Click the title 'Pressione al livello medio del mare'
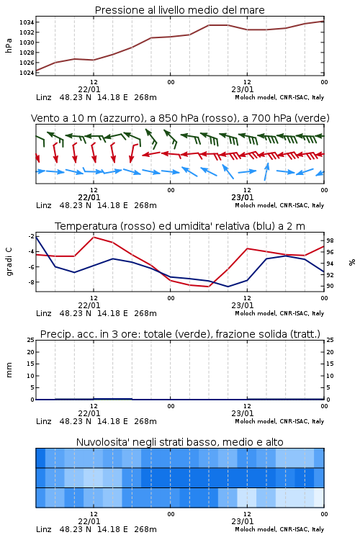click(179, 10)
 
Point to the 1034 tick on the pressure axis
click(27, 22)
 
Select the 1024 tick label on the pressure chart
click(27, 73)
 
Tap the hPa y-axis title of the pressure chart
click(9, 45)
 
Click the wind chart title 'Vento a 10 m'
click(60, 118)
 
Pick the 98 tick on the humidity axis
click(330, 240)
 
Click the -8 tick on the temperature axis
click(31, 282)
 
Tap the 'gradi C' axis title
click(9, 262)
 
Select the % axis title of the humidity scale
click(352, 262)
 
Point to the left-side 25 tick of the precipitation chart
click(31, 340)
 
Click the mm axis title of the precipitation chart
click(9, 370)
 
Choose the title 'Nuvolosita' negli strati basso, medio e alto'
click(179, 442)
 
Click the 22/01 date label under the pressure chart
click(89, 89)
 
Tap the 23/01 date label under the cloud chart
click(242, 521)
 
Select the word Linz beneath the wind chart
click(44, 205)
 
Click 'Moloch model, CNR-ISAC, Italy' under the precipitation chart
click(279, 421)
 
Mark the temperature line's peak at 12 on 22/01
click(94, 238)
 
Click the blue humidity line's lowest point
click(228, 287)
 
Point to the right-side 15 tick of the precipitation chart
click(330, 364)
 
